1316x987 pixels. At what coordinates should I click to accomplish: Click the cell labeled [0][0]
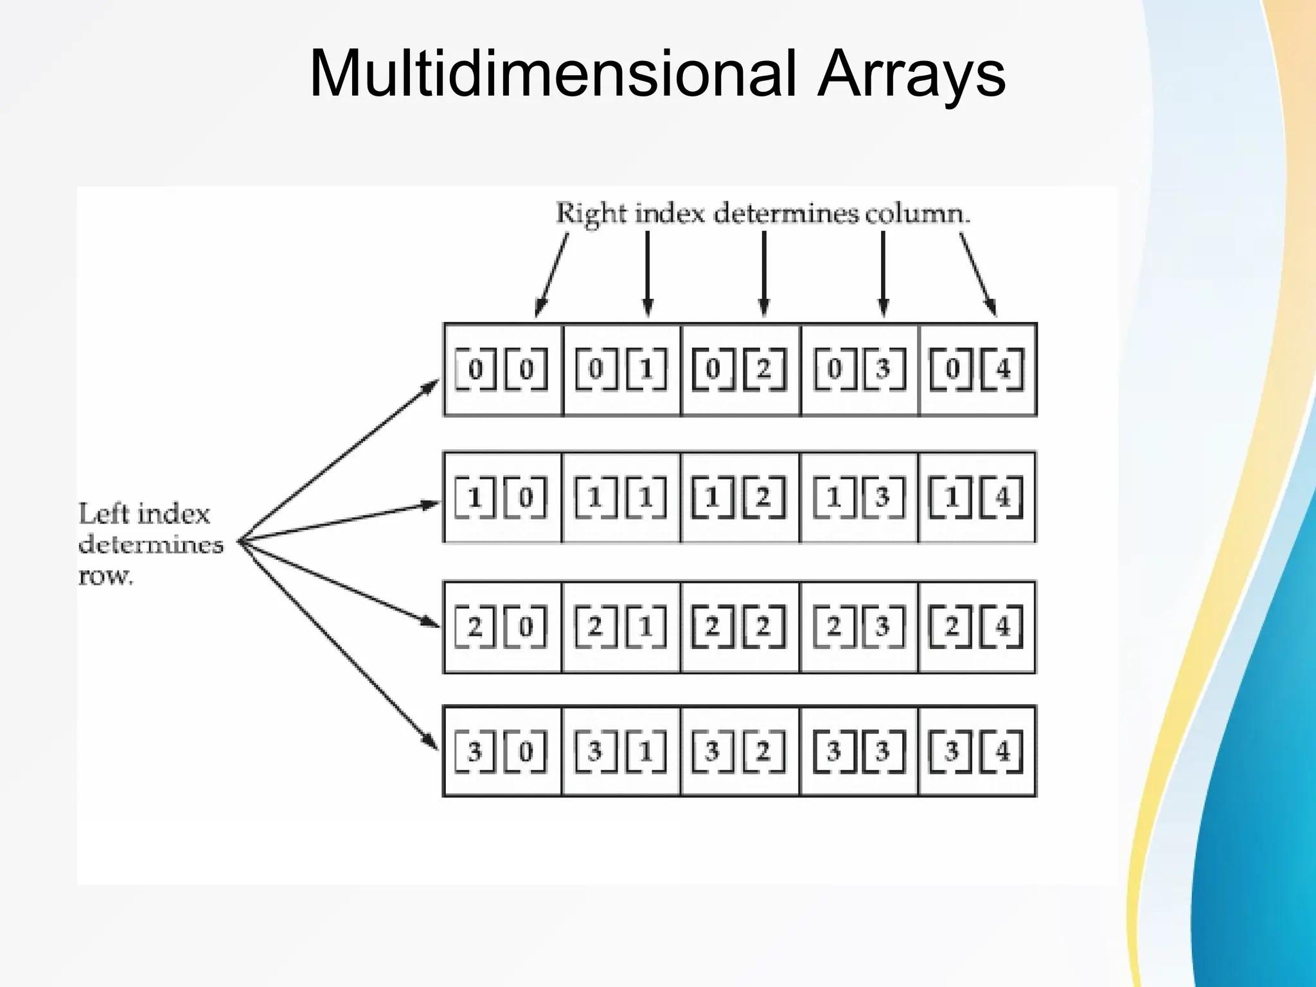(502, 369)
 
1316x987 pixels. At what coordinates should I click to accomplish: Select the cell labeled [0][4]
(977, 369)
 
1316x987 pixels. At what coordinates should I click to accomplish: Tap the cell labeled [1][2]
(740, 497)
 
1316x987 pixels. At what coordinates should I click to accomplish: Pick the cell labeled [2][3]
(858, 627)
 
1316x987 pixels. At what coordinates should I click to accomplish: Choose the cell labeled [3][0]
(502, 751)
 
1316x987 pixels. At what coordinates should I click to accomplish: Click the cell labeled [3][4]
(977, 751)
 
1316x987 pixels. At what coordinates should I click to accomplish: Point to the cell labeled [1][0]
(502, 497)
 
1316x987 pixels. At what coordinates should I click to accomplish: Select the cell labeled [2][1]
(621, 627)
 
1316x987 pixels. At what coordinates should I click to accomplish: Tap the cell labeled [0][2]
(740, 369)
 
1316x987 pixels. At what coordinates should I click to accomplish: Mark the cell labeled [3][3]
(858, 751)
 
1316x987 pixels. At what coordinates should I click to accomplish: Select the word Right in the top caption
(591, 213)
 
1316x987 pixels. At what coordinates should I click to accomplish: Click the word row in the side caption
(105, 576)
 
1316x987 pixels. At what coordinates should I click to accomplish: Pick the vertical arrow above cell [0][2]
(763, 273)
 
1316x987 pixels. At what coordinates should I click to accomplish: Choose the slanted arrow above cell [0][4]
(978, 273)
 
